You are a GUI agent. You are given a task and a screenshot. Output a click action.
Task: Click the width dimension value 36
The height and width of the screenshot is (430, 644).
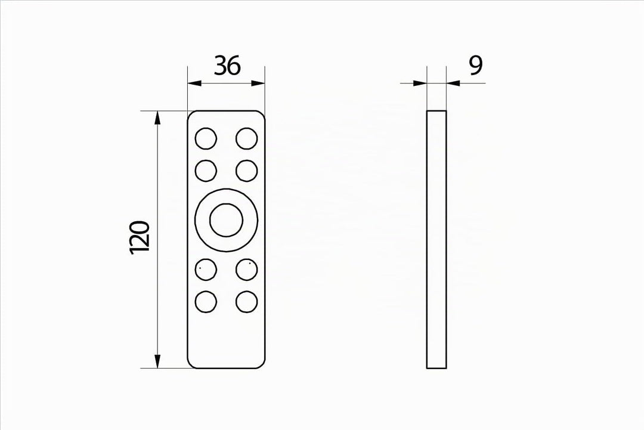point(227,66)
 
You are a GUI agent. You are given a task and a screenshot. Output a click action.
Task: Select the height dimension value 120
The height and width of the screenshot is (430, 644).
point(140,237)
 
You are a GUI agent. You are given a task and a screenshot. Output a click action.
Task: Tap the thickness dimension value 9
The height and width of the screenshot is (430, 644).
point(476,66)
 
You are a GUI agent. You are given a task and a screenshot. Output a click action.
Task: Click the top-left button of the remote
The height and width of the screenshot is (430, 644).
point(206,138)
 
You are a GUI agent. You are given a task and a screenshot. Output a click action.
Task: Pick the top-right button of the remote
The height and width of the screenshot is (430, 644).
point(247,138)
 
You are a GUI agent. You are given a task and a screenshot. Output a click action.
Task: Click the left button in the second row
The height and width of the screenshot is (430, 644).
point(206,171)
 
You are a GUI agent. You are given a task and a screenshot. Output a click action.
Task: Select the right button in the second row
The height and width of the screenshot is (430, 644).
point(247,171)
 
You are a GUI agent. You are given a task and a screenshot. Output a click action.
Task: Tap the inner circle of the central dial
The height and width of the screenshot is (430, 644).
point(227,219)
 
